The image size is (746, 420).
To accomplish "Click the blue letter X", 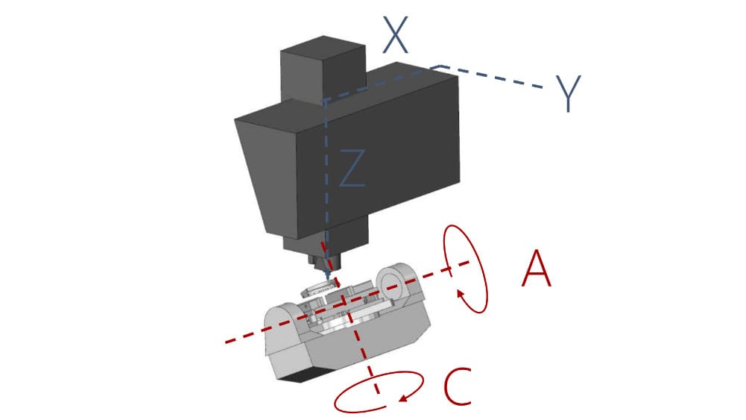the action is point(396,35).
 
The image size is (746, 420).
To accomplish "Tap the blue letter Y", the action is point(569,93).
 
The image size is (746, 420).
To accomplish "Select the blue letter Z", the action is point(353,168).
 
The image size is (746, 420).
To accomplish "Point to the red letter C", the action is point(457,386).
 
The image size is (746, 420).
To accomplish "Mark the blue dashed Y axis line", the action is point(490,77).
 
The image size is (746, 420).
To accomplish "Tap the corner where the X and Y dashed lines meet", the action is point(438,66).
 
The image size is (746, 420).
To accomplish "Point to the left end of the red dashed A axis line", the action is point(226,342).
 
